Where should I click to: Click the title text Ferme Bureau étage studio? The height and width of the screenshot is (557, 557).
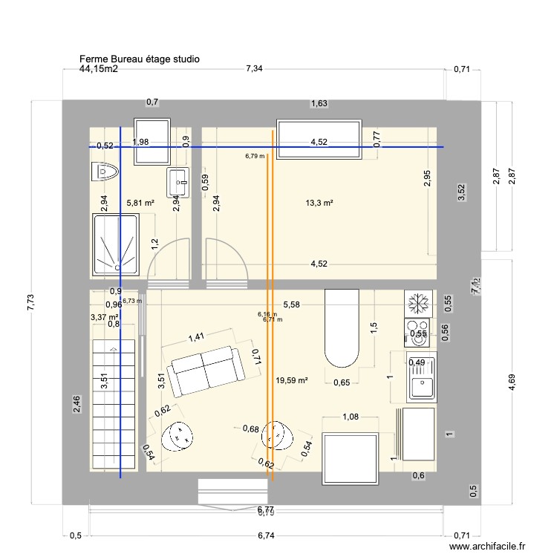(139, 59)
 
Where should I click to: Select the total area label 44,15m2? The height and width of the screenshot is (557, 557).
(99, 69)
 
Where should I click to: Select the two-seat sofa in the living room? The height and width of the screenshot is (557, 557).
(203, 371)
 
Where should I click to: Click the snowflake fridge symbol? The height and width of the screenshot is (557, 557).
(420, 303)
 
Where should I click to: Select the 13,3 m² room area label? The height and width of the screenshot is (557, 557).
(319, 203)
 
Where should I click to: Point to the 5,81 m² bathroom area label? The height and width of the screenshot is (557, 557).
(140, 203)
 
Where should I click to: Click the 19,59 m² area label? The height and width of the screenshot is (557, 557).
(291, 380)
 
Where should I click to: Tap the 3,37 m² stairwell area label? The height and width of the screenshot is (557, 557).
(105, 317)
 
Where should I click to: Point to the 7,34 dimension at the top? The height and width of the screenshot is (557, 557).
(255, 69)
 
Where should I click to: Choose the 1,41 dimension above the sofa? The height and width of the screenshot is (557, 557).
(196, 337)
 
